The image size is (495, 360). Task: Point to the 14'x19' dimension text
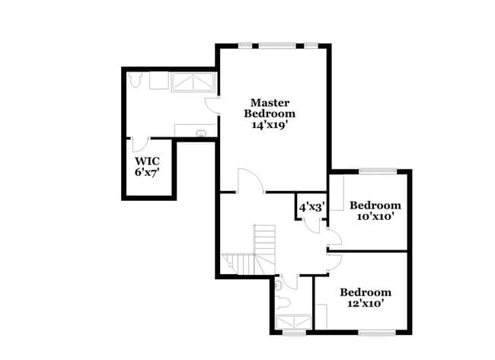[x=270, y=125]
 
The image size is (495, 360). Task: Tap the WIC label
[x=146, y=161]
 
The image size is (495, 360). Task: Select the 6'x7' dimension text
[x=146, y=173]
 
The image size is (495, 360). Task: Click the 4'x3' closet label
[x=311, y=206]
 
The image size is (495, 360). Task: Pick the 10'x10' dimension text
[x=375, y=216]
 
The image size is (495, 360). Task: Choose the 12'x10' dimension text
[x=366, y=303]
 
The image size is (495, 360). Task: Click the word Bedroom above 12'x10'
[x=366, y=292]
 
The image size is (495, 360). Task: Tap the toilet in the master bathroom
[x=135, y=78]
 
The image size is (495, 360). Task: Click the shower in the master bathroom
[x=192, y=81]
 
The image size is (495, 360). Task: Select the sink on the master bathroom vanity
[x=200, y=132]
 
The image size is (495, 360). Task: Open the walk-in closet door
[x=139, y=145]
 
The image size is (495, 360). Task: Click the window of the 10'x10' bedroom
[x=378, y=171]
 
